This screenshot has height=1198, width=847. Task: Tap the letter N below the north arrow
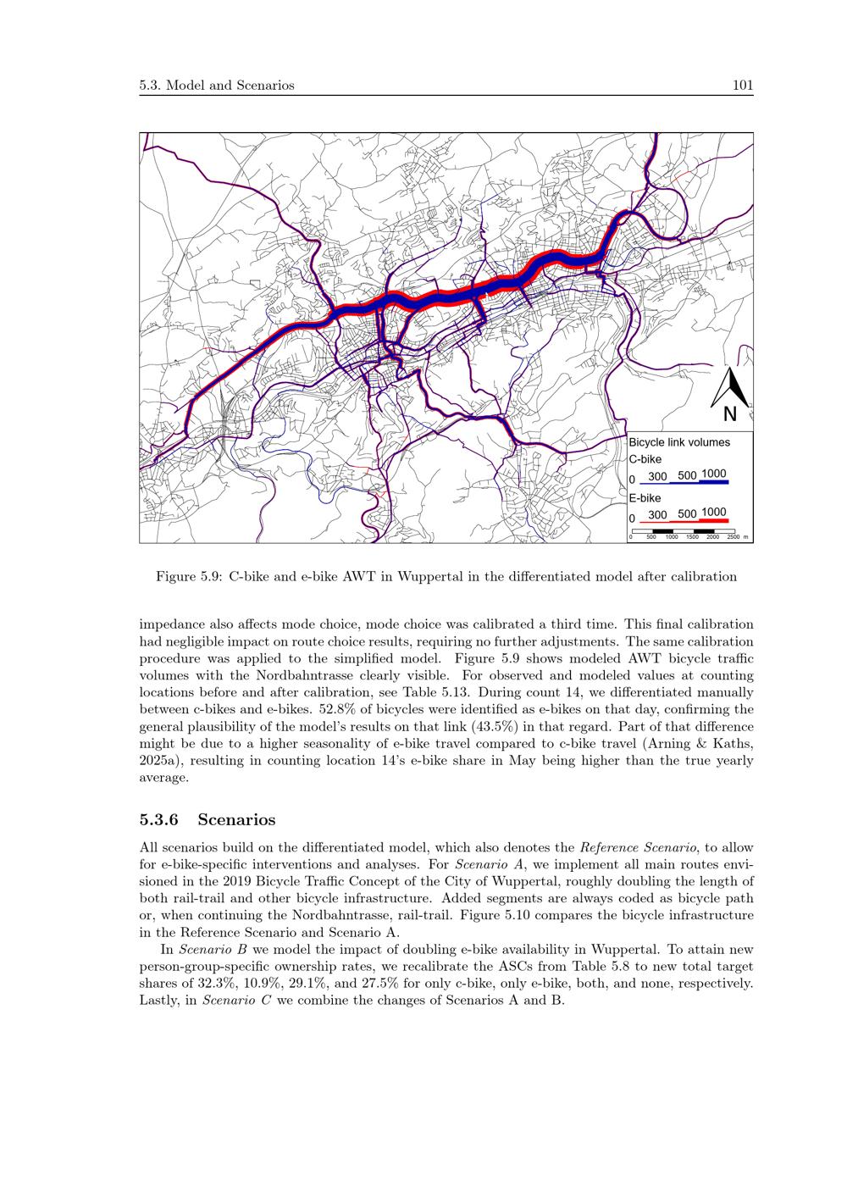pos(730,414)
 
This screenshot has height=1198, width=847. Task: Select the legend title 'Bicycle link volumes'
pos(678,442)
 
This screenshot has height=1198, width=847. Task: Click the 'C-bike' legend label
pos(645,459)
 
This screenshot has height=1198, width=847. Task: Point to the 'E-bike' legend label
pos(645,498)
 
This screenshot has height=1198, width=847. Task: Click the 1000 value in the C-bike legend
pos(714,474)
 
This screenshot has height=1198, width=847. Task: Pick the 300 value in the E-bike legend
pos(657,514)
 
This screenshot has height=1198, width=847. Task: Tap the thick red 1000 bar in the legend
pos(714,520)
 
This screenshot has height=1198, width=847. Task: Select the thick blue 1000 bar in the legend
pos(714,482)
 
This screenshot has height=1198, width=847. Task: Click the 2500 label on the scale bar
pos(733,537)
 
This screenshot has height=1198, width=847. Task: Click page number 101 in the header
pos(743,86)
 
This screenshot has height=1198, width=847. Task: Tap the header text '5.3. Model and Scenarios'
pos(217,86)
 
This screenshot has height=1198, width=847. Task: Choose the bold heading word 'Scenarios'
pos(236,820)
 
